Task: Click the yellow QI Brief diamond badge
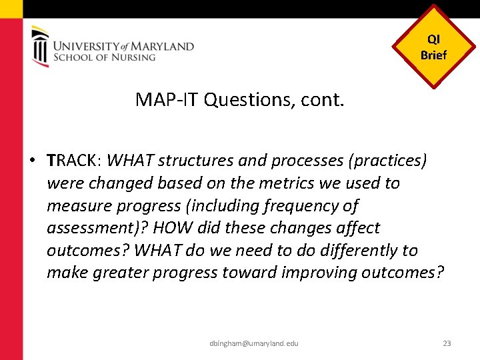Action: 433,47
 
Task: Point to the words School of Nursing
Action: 104,57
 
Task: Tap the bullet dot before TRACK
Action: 31,161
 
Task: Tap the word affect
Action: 353,228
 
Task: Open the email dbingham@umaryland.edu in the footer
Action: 253,343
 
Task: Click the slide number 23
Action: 447,343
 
